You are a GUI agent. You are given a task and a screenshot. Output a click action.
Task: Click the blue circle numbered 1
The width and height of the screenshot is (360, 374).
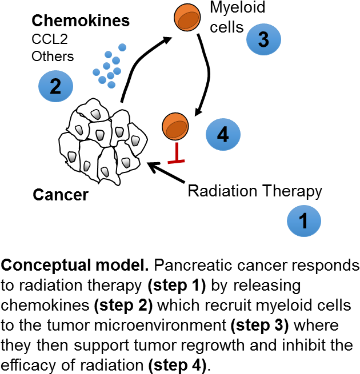click(x=303, y=221)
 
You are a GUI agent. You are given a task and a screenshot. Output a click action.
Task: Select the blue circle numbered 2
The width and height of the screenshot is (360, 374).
click(x=55, y=86)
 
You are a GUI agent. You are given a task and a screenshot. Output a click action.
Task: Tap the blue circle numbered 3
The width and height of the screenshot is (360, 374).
click(x=263, y=39)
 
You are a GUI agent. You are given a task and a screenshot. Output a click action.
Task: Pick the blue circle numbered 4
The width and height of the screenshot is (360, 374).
click(x=223, y=135)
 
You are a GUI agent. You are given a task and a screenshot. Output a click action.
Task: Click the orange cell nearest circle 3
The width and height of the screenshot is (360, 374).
click(x=187, y=17)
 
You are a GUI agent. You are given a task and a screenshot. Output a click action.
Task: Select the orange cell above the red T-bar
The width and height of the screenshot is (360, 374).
click(x=175, y=126)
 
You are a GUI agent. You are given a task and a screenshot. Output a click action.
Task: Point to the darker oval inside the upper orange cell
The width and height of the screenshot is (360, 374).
click(x=188, y=21)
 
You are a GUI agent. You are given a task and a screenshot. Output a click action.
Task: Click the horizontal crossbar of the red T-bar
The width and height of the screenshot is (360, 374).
click(x=176, y=162)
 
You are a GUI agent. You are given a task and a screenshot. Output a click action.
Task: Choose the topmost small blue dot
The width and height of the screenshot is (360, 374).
click(x=122, y=47)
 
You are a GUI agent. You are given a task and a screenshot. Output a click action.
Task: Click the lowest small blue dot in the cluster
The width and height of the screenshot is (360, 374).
click(x=111, y=85)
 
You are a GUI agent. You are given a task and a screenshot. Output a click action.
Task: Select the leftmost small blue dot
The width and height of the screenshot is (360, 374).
click(x=97, y=72)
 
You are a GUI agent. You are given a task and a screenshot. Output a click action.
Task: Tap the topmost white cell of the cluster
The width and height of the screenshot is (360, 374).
click(x=93, y=111)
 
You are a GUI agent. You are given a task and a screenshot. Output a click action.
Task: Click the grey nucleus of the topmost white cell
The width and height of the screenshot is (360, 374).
click(x=96, y=114)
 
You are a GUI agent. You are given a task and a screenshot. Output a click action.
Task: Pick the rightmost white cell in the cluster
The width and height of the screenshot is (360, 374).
click(x=135, y=139)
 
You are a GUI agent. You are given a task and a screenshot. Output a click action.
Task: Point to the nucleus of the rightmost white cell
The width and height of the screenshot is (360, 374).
click(x=135, y=140)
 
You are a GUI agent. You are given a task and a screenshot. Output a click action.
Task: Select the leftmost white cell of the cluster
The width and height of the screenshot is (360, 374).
click(x=70, y=151)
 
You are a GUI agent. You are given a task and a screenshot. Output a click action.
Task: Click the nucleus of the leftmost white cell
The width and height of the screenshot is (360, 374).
click(x=72, y=156)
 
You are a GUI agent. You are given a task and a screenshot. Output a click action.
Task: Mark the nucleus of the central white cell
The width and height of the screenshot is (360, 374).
click(x=100, y=135)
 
